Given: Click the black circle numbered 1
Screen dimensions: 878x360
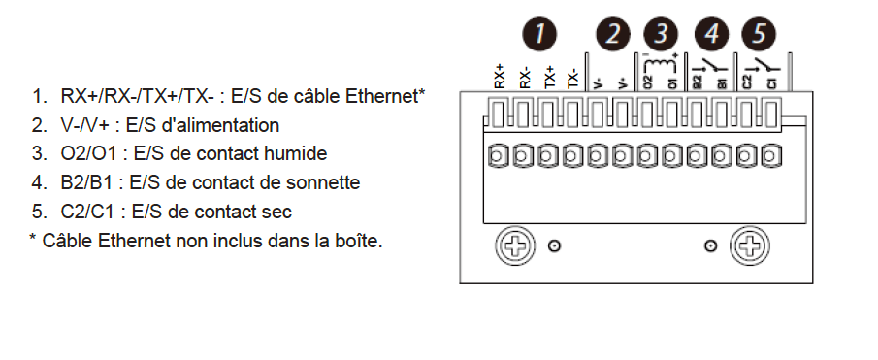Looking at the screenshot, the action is [539, 34].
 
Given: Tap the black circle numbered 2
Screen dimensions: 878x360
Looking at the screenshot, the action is [613, 34].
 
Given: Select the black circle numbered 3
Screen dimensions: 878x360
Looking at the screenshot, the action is [662, 34].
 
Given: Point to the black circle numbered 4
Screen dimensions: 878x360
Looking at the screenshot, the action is [711, 34].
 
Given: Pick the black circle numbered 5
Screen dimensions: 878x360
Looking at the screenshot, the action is [759, 34].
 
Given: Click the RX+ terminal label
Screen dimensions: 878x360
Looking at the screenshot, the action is [500, 76].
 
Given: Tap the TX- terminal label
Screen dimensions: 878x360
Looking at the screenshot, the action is [572, 79].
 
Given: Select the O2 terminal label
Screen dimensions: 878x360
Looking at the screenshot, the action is [648, 82].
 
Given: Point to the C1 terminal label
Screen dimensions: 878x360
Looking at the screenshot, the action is [772, 83].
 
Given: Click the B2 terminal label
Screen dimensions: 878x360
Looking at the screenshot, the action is [698, 82].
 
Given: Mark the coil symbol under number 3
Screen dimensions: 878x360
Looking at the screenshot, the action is [662, 60].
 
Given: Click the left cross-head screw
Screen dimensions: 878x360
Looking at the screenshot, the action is [515, 245].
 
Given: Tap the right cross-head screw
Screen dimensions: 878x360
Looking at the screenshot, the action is [750, 245].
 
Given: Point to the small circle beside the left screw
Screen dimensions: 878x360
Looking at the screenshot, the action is [554, 245].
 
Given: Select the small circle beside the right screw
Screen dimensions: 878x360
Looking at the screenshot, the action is [710, 245].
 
